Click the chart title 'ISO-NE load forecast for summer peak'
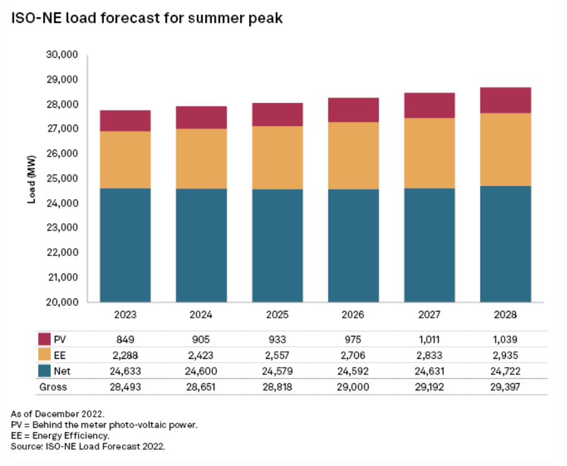pos(146,19)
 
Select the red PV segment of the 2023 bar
pos(125,121)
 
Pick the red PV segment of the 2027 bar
pos(429,105)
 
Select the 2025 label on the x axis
pos(277,315)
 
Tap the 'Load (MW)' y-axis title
pos(31,178)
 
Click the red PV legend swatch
pos(44,340)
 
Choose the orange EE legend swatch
pos(44,355)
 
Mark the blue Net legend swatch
pos(44,371)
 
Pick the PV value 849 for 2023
pos(125,340)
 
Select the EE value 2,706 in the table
pos(353,356)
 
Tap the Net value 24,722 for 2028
pos(505,371)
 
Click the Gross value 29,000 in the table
pos(353,387)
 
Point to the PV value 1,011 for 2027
pos(429,340)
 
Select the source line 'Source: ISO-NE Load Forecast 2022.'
pos(88,446)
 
